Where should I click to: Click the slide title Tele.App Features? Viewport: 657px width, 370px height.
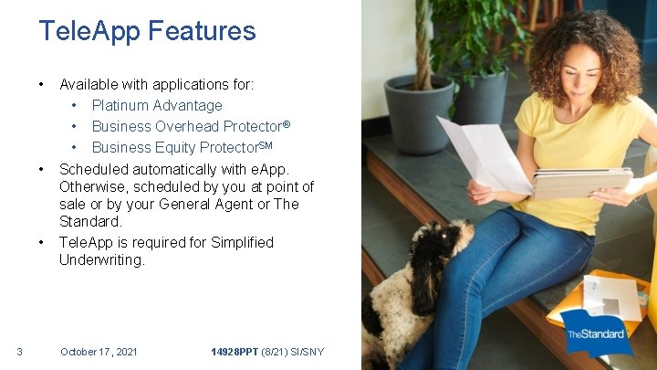point(147,31)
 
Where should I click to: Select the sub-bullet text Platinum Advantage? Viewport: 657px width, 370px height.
point(157,105)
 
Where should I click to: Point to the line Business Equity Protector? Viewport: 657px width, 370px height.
point(182,147)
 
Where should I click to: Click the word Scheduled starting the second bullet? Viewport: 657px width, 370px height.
point(94,169)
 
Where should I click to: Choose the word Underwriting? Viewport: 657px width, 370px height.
point(102,260)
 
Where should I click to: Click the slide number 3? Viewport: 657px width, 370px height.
point(19,351)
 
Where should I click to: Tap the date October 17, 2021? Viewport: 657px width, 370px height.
point(99,351)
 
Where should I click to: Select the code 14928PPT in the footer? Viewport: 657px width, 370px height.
point(235,351)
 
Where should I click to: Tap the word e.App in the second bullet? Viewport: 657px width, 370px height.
point(271,169)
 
